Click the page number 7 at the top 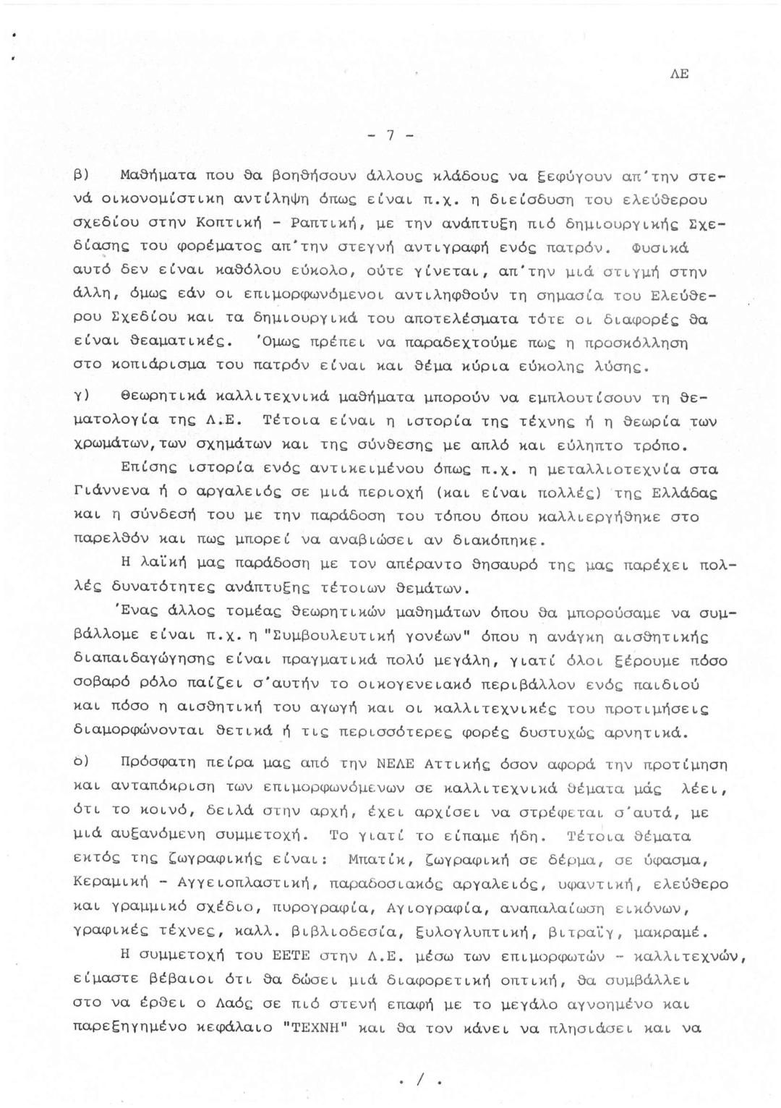390,135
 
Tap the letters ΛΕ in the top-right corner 679,74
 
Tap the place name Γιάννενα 107,492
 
